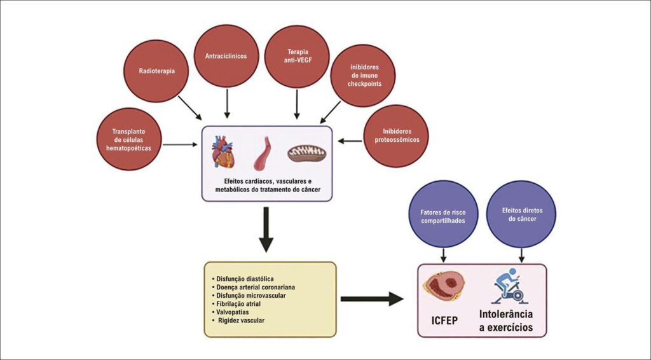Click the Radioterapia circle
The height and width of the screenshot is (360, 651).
[156, 71]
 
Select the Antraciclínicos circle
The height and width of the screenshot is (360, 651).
[226, 56]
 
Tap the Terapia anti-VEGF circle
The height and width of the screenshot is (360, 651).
[297, 57]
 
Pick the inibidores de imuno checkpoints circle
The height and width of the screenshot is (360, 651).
[363, 76]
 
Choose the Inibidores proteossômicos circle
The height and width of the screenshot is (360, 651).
[397, 136]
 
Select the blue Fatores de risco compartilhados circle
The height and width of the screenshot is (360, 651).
[443, 214]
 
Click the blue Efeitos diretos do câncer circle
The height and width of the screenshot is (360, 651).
[521, 214]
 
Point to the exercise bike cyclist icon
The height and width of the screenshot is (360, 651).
[509, 286]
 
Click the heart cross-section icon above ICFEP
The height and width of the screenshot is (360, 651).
[444, 286]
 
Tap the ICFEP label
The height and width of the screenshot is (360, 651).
[444, 321]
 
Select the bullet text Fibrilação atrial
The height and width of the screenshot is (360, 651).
[236, 304]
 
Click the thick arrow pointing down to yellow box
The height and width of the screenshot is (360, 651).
[266, 229]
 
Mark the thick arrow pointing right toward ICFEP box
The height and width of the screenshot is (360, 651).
[372, 299]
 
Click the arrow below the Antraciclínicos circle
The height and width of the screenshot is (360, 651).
[227, 104]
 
